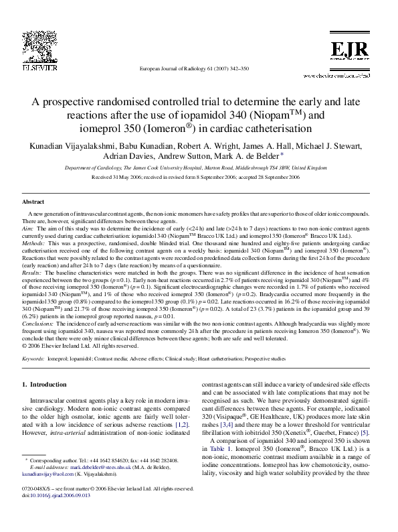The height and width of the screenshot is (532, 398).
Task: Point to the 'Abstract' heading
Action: [33, 201]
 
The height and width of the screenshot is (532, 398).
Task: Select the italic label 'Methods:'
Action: [33, 243]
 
